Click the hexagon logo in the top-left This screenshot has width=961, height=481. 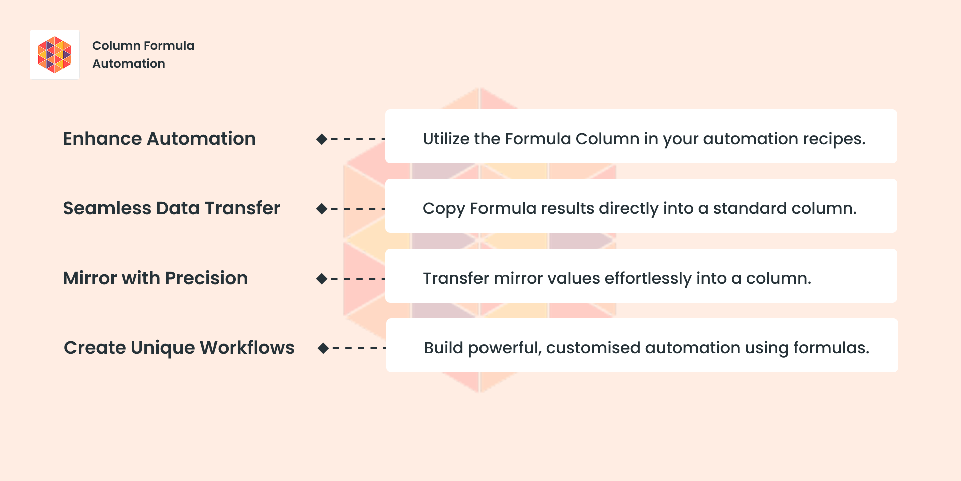(x=55, y=55)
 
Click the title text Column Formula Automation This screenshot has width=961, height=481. (x=143, y=54)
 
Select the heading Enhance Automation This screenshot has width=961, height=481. (x=159, y=139)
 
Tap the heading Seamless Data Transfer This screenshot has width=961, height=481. (x=171, y=208)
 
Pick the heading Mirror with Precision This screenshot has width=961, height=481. (x=155, y=278)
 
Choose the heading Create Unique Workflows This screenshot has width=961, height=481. (x=179, y=348)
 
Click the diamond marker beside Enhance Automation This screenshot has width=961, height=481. (x=322, y=139)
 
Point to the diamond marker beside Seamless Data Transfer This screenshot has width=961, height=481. (x=322, y=209)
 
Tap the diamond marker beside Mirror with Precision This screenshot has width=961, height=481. (x=322, y=279)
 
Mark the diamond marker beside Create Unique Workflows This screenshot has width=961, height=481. (x=323, y=348)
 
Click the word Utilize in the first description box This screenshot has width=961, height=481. (x=446, y=139)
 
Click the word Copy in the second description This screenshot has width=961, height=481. (x=444, y=209)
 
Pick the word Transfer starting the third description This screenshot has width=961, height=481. (x=456, y=278)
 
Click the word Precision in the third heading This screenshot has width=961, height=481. (x=206, y=278)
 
